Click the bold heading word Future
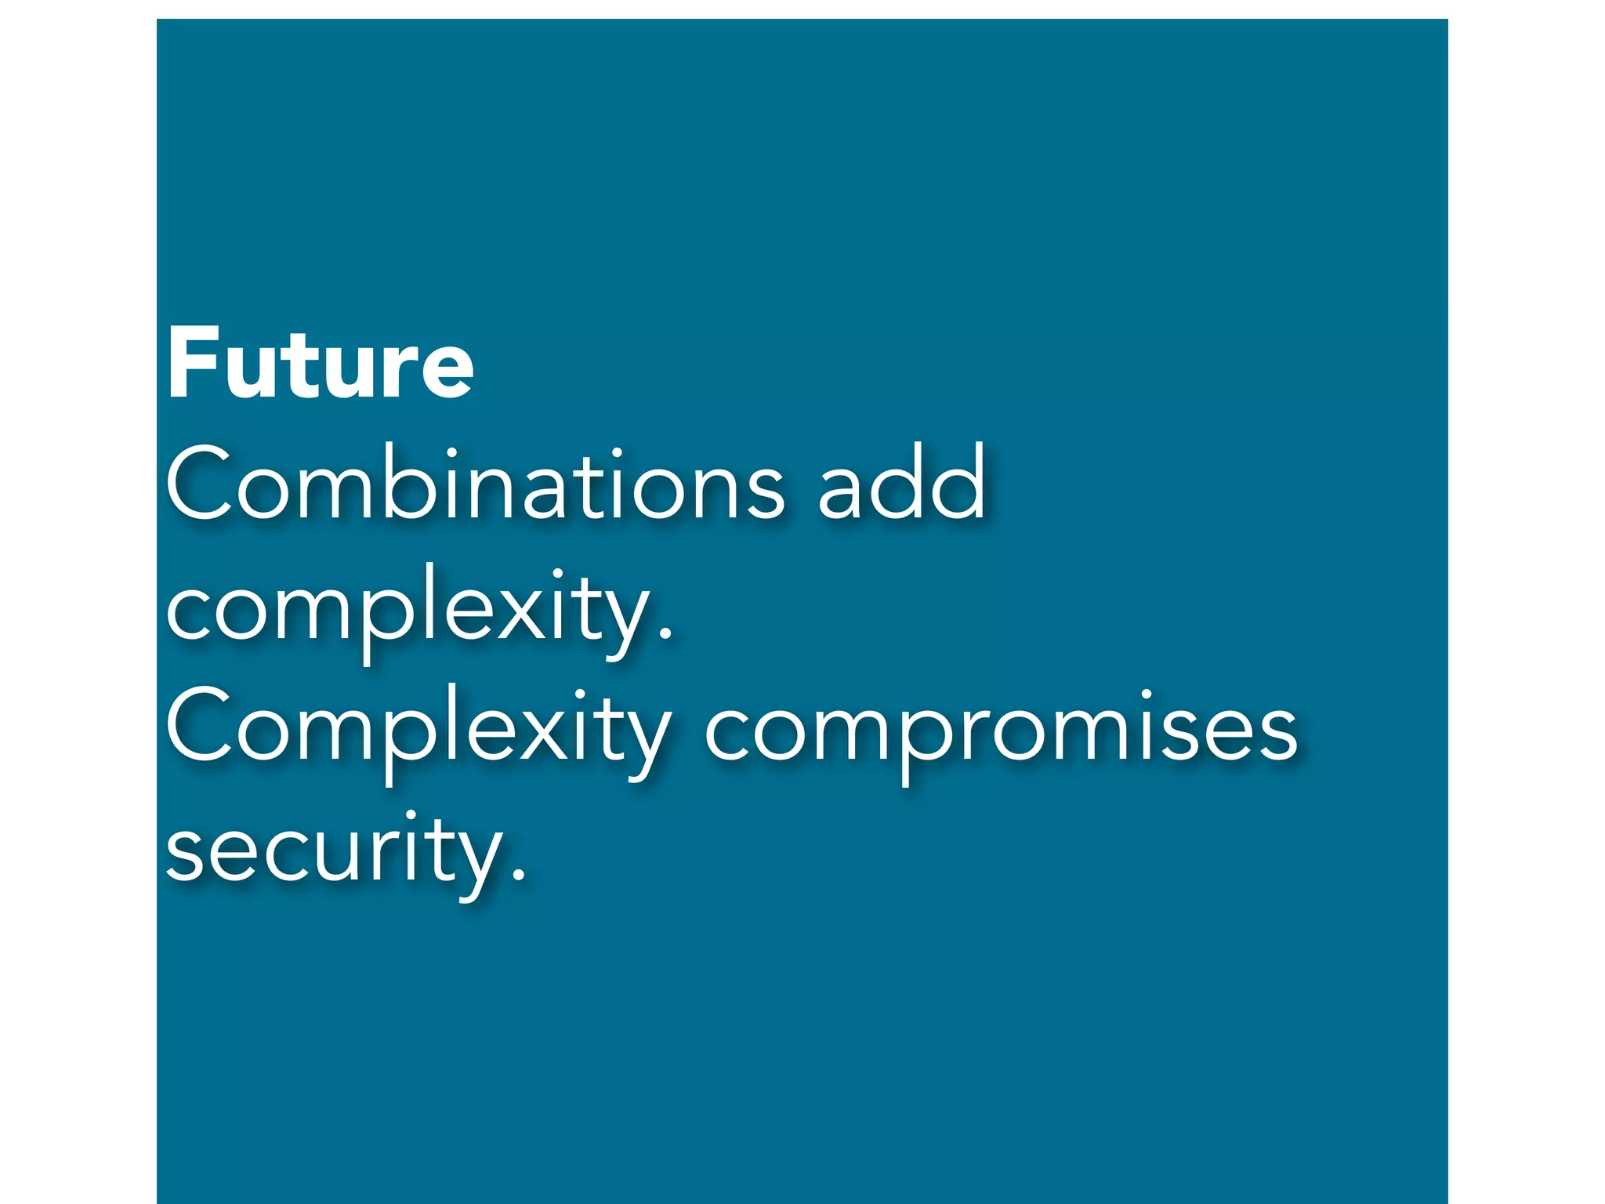[320, 364]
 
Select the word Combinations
[475, 484]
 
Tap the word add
[901, 484]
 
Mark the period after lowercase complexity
[665, 635]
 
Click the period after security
[517, 876]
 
